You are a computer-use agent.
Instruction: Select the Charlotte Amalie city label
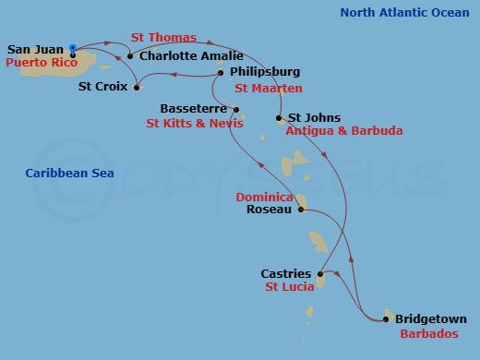tap(185, 55)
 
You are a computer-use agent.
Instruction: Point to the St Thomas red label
tap(163, 38)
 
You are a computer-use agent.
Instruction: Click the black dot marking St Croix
tap(137, 89)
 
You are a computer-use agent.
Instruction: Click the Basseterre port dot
tap(235, 109)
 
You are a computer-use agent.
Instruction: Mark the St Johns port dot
tap(279, 118)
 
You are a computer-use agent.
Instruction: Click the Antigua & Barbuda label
tap(343, 131)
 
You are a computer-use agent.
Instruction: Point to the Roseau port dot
tap(301, 210)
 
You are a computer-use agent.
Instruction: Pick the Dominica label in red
tap(264, 197)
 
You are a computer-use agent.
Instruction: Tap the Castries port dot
tap(320, 274)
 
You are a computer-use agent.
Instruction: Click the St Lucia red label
tap(289, 287)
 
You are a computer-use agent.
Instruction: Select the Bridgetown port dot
tap(385, 319)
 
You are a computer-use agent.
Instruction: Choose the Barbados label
tap(428, 333)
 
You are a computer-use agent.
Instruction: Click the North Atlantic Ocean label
tap(404, 12)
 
